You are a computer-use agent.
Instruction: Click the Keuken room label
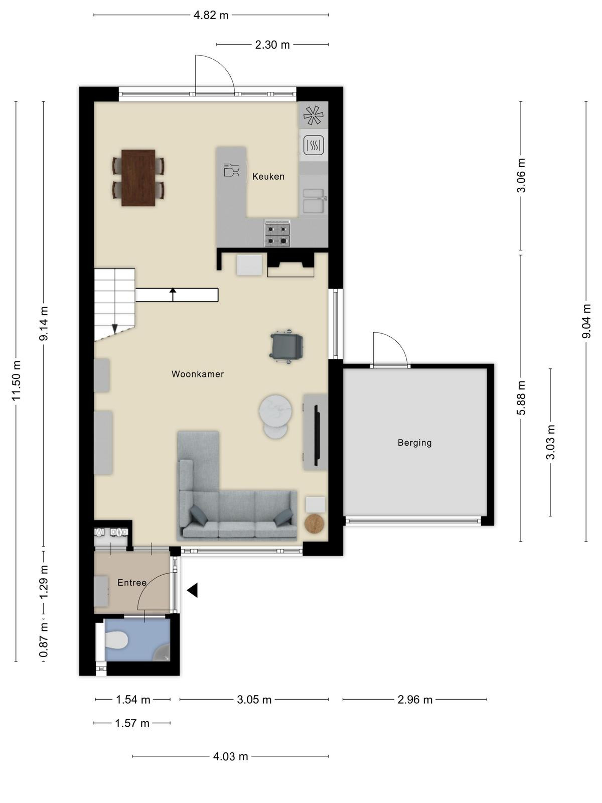pyautogui.click(x=268, y=177)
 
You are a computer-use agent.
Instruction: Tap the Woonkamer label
pyautogui.click(x=198, y=374)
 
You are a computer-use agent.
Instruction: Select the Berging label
pyautogui.click(x=414, y=443)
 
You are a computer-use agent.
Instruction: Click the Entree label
pyautogui.click(x=132, y=583)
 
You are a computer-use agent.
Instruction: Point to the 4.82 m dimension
pyautogui.click(x=211, y=15)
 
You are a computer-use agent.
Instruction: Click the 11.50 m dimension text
pyautogui.click(x=16, y=381)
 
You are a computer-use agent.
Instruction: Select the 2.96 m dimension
pyautogui.click(x=415, y=700)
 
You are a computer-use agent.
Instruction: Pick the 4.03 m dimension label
pyautogui.click(x=231, y=756)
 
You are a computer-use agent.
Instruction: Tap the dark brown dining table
pyautogui.click(x=138, y=178)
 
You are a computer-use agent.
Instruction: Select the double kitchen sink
pyautogui.click(x=313, y=201)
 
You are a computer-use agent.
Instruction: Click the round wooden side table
pyautogui.click(x=315, y=523)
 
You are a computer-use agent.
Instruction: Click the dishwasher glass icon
pyautogui.click(x=231, y=170)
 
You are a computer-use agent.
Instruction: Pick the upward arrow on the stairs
pyautogui.click(x=173, y=295)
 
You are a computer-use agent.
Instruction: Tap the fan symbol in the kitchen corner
pyautogui.click(x=313, y=115)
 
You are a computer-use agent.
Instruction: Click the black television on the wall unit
pyautogui.click(x=317, y=432)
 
